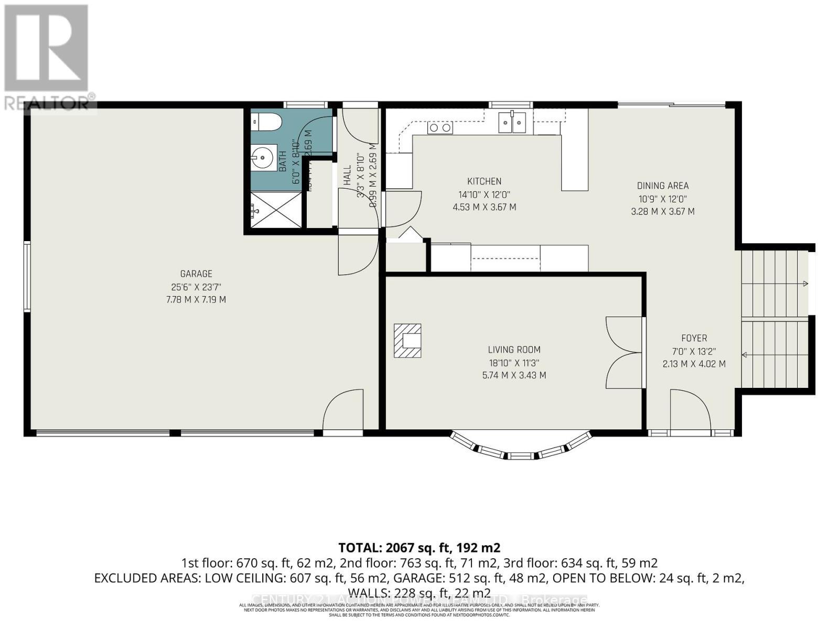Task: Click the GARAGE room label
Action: click(196, 274)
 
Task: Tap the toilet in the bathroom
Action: click(267, 122)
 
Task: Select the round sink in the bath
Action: click(262, 156)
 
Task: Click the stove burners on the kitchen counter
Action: click(440, 127)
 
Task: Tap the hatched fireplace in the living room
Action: click(407, 341)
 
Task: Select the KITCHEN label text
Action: click(484, 181)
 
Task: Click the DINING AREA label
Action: click(662, 186)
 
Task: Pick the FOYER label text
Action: click(694, 338)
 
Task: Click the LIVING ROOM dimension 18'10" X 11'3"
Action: click(514, 363)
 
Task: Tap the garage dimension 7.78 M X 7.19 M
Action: click(196, 300)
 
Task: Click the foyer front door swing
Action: click(690, 410)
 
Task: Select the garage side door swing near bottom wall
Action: click(343, 410)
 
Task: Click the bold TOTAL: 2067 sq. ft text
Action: click(419, 548)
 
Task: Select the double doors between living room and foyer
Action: click(624, 352)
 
